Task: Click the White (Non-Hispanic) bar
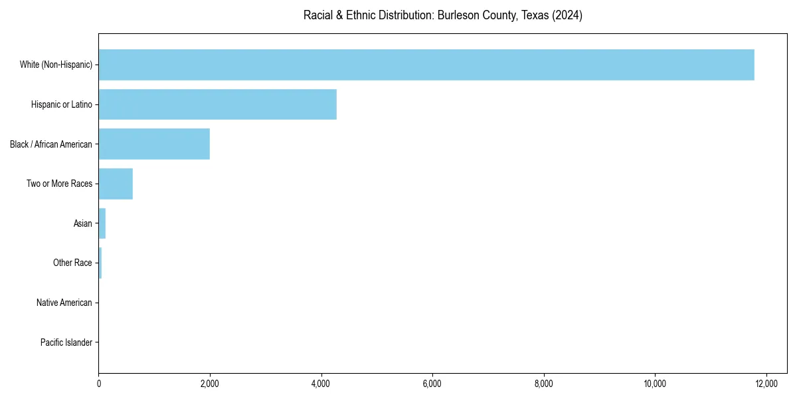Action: (426, 65)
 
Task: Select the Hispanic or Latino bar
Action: (217, 104)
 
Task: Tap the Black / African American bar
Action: (154, 144)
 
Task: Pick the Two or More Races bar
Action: (116, 184)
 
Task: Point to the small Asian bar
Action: (102, 223)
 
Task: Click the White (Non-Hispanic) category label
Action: (56, 65)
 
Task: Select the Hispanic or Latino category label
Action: (61, 104)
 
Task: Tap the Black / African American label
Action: (51, 144)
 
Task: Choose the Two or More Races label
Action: (59, 184)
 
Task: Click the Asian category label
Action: (83, 223)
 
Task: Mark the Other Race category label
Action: (72, 263)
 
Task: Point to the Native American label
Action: (64, 303)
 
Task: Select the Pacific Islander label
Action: (66, 342)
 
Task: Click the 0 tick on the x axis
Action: (99, 384)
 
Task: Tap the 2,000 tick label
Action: (210, 384)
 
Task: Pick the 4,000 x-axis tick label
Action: (321, 384)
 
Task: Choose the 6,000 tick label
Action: (432, 384)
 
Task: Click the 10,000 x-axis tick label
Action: (655, 384)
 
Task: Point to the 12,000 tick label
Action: (766, 384)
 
